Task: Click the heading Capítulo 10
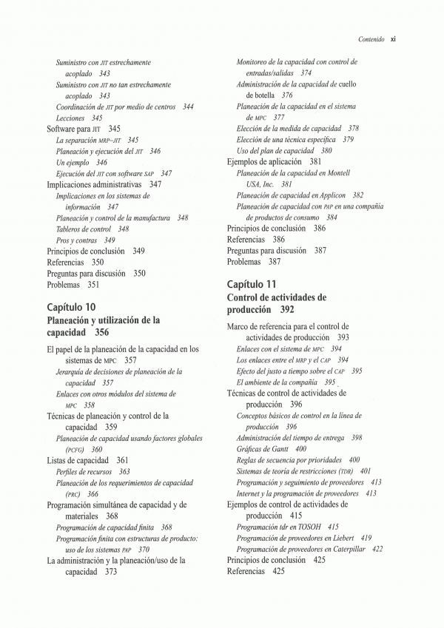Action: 71,307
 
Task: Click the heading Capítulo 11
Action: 252,284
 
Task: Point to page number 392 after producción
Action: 287,310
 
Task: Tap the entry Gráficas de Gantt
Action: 260,448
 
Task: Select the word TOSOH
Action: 311,527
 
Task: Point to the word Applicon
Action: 331,195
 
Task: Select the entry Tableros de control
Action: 83,229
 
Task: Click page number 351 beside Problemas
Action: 93,284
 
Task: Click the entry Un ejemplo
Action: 73,162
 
